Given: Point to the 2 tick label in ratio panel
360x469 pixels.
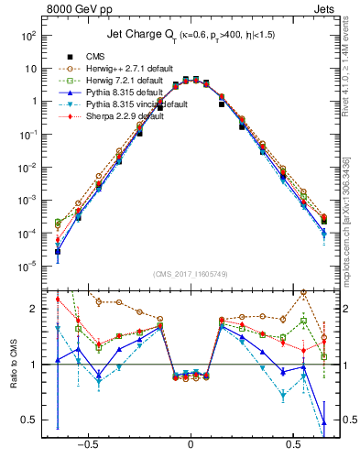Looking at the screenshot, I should click(x=35, y=309).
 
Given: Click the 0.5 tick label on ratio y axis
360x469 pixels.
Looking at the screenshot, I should click(x=30, y=420).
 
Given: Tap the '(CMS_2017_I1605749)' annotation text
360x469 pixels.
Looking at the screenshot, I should click(x=190, y=275).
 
